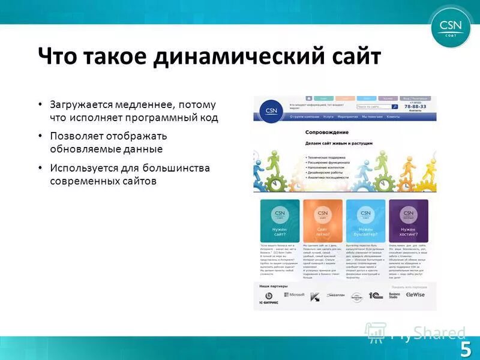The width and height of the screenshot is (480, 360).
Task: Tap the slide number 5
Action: [x=466, y=348]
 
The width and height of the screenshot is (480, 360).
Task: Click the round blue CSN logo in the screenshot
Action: [x=270, y=110]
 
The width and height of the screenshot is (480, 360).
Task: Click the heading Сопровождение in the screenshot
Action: [x=327, y=131]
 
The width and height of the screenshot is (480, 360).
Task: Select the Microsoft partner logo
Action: [x=294, y=295]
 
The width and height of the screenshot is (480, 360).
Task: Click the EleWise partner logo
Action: [x=415, y=295]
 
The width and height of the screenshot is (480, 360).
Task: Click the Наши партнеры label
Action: [x=272, y=286]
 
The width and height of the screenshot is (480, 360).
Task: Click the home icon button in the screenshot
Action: [x=308, y=98]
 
